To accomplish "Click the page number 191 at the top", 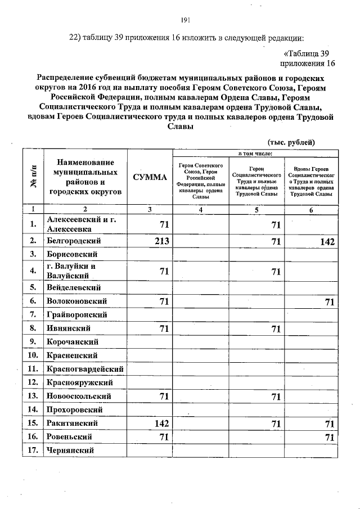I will [x=186, y=20].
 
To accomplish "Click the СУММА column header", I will [x=150, y=178].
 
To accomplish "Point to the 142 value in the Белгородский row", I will [x=324, y=242].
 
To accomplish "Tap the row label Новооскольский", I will [x=79, y=396].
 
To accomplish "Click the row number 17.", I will [x=33, y=450].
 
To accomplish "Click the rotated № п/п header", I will [x=33, y=177].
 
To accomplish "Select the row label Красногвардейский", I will [x=85, y=369].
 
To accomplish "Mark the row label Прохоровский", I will [x=76, y=409].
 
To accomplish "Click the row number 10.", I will [x=33, y=355].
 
